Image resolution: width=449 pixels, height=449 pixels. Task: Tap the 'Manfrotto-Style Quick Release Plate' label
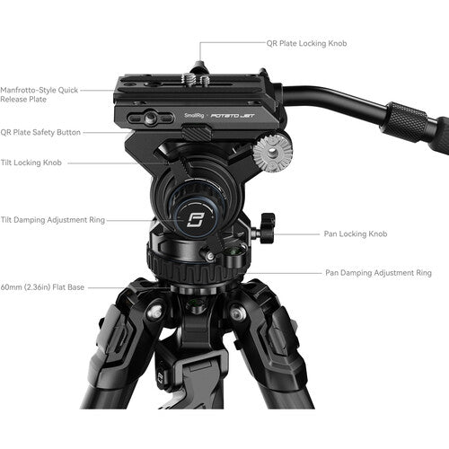point(40,94)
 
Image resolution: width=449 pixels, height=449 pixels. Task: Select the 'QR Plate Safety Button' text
point(41,132)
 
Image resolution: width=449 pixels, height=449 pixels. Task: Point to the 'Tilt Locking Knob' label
point(33,163)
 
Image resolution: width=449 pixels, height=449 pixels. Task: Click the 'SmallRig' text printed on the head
point(193,115)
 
